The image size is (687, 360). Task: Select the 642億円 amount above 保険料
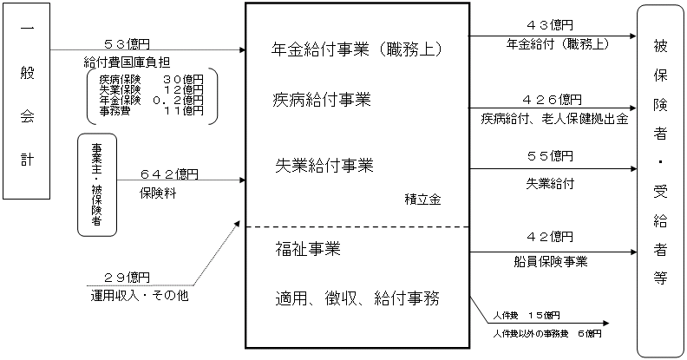170,173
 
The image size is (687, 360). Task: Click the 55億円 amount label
550,156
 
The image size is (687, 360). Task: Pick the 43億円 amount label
550,24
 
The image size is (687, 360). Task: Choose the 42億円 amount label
550,235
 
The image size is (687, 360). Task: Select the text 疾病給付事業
321,101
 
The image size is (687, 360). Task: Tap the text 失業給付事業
321,165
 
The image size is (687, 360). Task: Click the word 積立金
422,199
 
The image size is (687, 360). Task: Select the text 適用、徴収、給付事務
357,299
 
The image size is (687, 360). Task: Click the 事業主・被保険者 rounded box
97,185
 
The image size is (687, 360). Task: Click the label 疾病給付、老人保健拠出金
554,118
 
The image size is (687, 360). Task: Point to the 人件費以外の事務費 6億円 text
544,333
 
